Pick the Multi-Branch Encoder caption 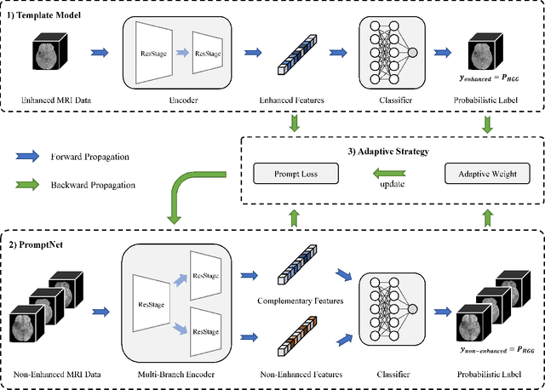point(175,374)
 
